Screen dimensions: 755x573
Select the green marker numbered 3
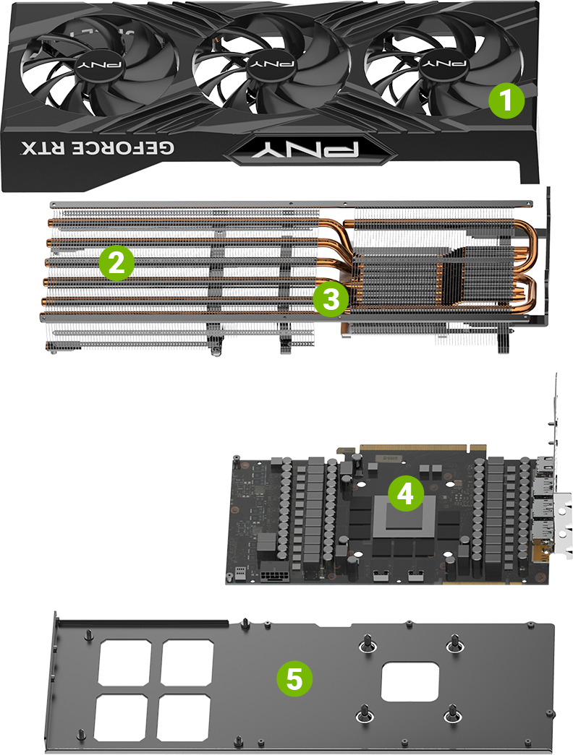pyautogui.click(x=331, y=298)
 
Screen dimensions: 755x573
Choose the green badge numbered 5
pyautogui.click(x=294, y=678)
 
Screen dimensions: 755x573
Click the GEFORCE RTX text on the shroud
pyautogui.click(x=99, y=149)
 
